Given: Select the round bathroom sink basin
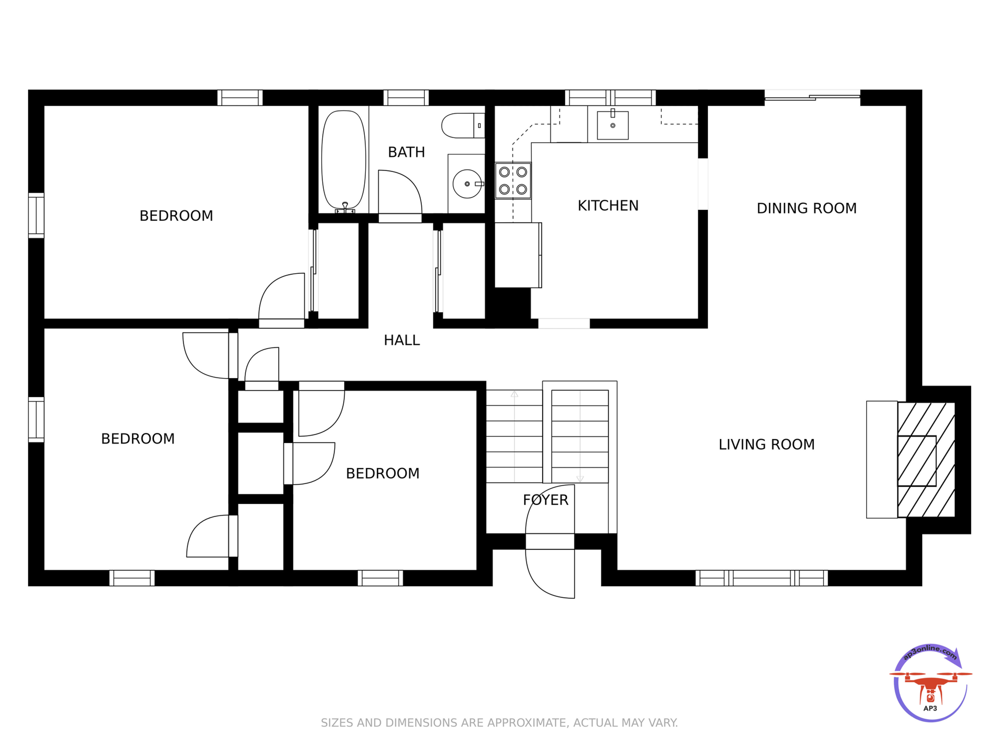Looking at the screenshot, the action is click(467, 184).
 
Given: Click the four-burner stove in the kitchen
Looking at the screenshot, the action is click(513, 181).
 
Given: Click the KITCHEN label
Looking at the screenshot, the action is click(608, 206).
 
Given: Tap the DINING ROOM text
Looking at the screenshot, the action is click(807, 208).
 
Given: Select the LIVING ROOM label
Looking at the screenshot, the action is click(766, 445).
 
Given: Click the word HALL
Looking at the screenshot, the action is click(402, 340).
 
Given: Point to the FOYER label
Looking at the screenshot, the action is click(545, 500).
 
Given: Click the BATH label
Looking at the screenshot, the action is click(406, 152).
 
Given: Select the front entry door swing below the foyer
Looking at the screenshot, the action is click(550, 573).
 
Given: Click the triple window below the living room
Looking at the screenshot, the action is click(761, 578).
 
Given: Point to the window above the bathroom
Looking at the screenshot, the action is click(406, 98).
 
